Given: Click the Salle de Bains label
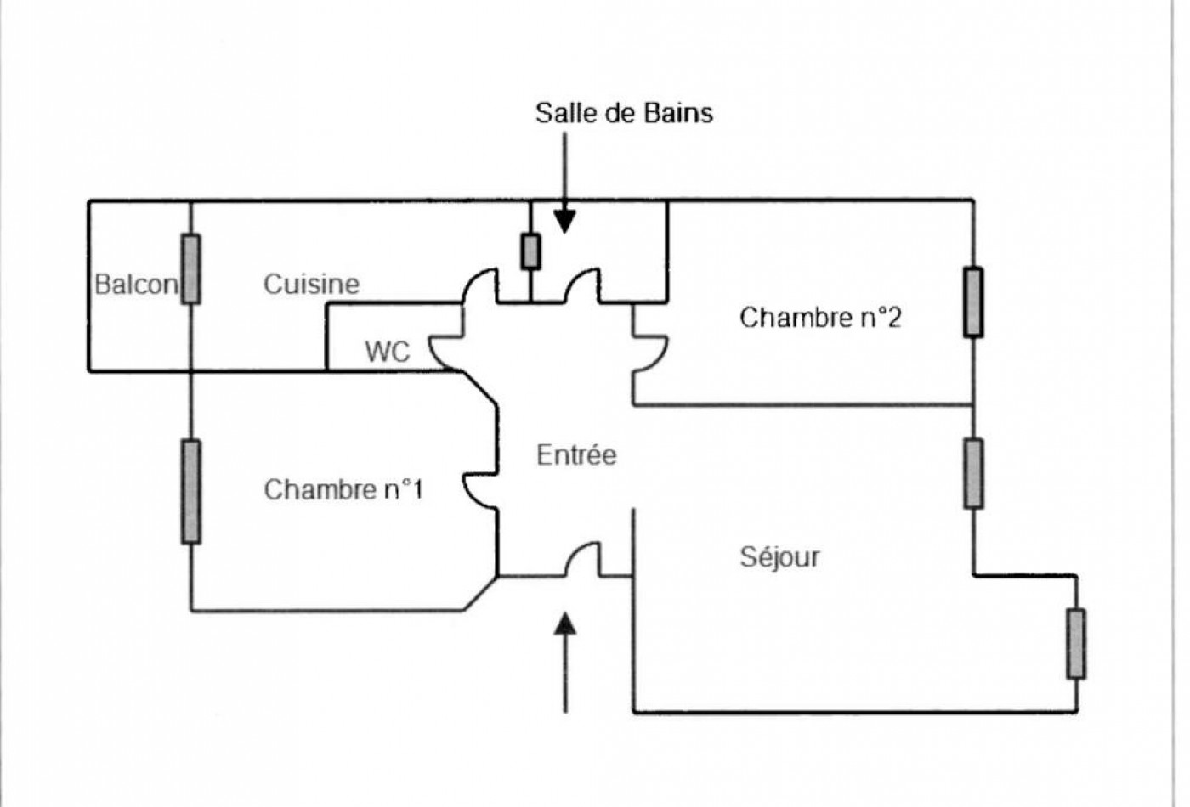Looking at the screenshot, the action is point(624,114).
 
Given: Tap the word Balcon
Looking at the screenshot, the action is point(136,285).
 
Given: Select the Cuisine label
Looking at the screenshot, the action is point(311,284).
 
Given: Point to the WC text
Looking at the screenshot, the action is point(388,352).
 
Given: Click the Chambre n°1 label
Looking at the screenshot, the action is point(343,489).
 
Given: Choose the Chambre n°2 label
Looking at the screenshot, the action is point(820,318).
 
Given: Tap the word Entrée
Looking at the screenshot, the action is point(576,455).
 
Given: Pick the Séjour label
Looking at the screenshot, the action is point(779,557).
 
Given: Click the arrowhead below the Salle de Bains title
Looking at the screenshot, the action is point(564,222).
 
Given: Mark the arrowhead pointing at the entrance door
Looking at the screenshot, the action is point(565,624).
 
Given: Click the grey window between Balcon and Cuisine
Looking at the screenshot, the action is point(190,269).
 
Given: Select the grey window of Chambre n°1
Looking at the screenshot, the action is point(190,492).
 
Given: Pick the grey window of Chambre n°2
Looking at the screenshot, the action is point(973,302).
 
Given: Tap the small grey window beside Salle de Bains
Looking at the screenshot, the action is point(530,251).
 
